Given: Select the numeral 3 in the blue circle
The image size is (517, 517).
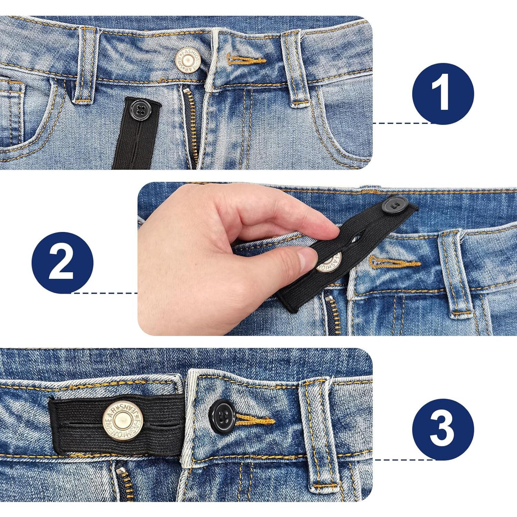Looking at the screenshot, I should [x=443, y=429].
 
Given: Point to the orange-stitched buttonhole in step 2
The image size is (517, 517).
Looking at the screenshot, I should [x=395, y=263].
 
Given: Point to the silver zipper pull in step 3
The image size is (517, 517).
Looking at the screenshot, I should [x=121, y=472].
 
